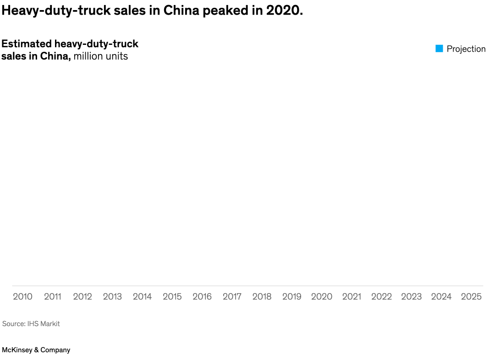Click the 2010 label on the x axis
(22, 297)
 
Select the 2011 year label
(52, 297)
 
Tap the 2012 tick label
(82, 297)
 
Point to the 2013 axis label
(112, 297)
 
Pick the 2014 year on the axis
(142, 297)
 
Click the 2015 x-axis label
(172, 297)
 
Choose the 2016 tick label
(202, 297)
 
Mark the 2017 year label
(232, 297)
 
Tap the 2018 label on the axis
(262, 297)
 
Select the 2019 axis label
(291, 297)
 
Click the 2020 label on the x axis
(322, 297)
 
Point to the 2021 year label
(352, 297)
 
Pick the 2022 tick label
(381, 297)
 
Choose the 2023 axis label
(411, 297)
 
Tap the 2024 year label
(441, 297)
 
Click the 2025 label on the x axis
(471, 297)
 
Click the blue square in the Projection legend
(439, 49)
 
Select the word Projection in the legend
(466, 49)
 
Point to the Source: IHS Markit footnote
(31, 324)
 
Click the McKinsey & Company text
(36, 350)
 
